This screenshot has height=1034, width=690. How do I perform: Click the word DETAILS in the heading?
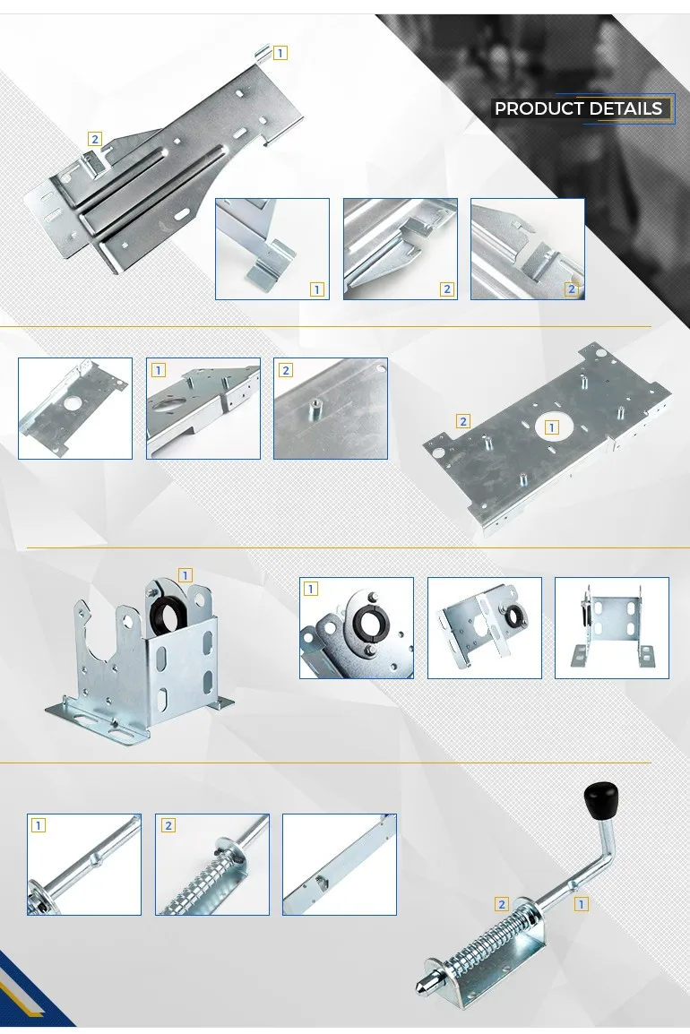point(625,108)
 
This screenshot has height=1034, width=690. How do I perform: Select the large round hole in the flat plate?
point(551,427)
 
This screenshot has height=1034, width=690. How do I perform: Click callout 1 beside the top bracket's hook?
point(280,53)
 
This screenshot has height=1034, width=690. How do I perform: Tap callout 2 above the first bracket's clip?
point(95,139)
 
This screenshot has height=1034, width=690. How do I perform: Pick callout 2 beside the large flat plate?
point(463,421)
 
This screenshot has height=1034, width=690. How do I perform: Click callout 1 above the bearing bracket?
point(185,576)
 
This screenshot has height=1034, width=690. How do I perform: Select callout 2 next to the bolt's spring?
point(502,904)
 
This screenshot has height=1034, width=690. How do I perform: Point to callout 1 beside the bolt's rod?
point(582,904)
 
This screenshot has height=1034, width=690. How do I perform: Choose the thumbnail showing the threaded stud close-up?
point(331,409)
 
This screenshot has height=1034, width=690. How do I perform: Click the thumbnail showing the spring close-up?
point(212,865)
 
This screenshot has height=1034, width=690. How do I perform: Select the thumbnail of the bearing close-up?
point(357,628)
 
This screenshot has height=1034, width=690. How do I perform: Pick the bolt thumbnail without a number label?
point(340,865)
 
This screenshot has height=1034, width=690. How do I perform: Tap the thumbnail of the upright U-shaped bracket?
point(611,628)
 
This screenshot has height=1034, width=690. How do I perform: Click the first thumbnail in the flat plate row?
point(75,409)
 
